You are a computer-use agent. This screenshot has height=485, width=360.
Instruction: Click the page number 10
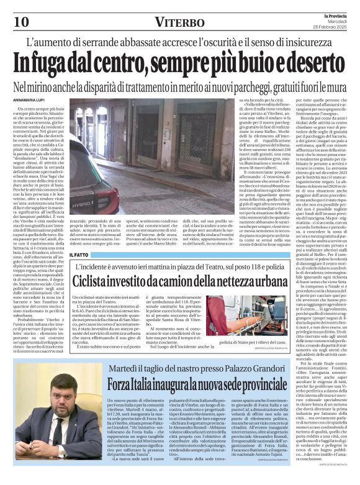(20, 22)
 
